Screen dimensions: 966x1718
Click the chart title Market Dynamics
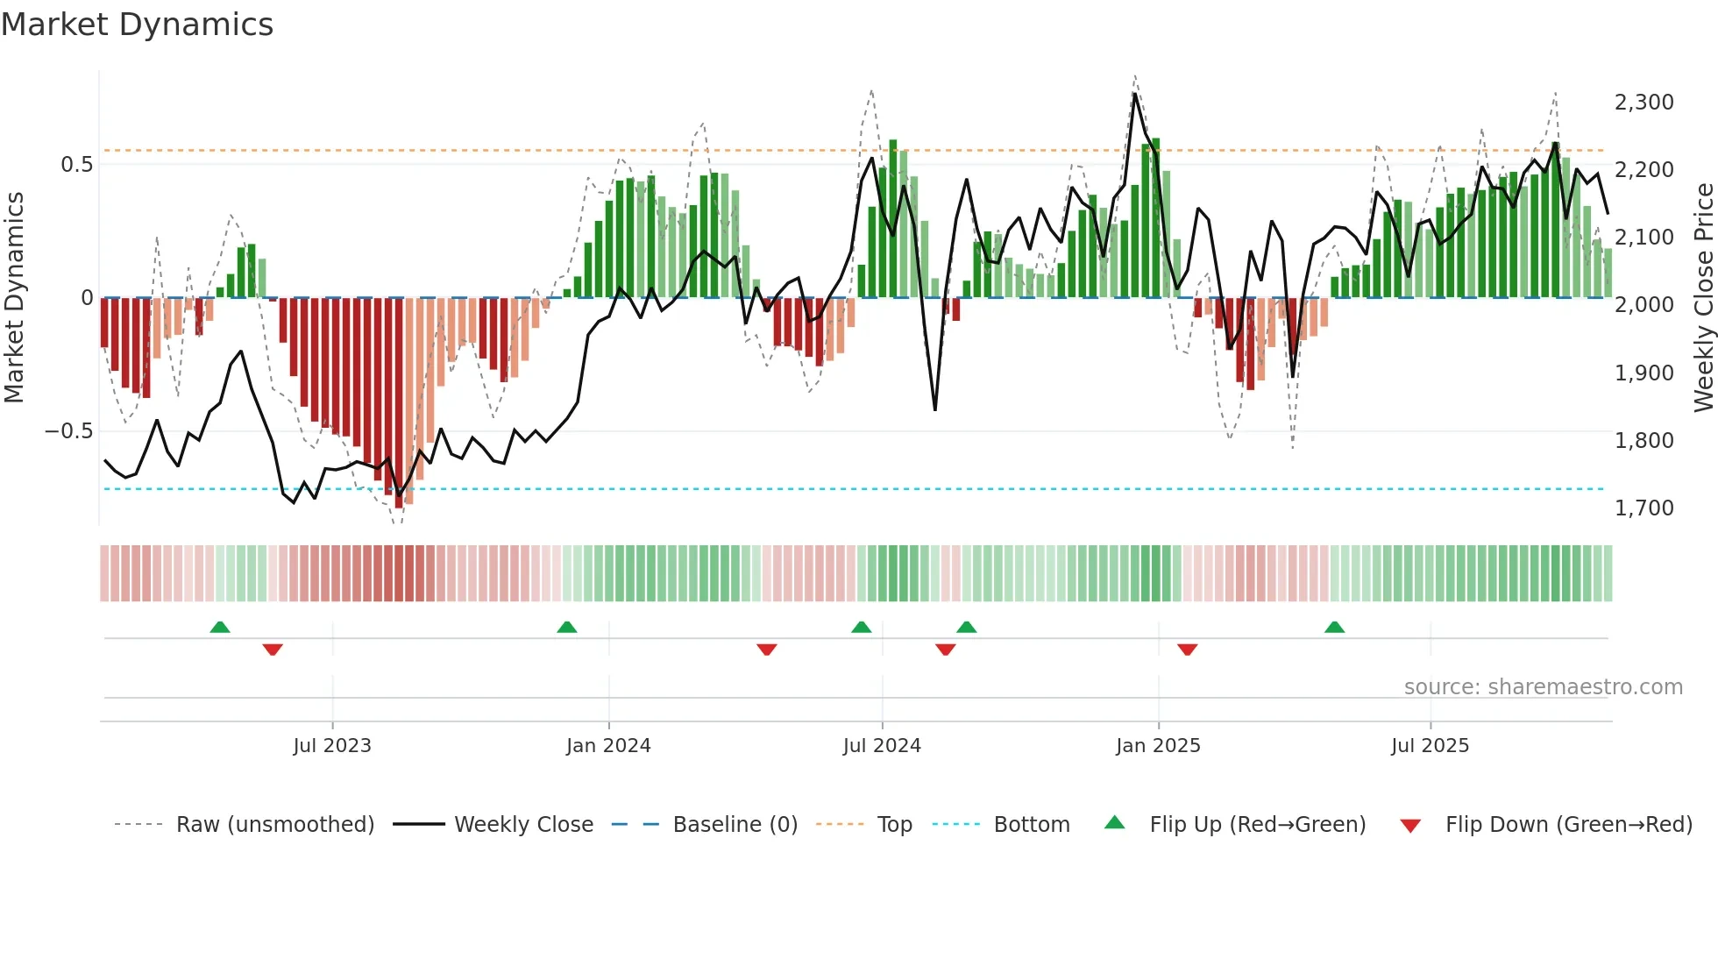pos(137,25)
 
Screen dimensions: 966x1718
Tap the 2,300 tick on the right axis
pos(1643,103)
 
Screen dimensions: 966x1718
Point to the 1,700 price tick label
pos(1643,508)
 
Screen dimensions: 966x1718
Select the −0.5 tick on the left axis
pos(68,431)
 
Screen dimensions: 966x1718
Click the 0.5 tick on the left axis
pos(76,165)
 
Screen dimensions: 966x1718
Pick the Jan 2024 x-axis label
pos(608,746)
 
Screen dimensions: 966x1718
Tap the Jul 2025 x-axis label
pos(1430,746)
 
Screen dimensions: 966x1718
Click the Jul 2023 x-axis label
pos(332,746)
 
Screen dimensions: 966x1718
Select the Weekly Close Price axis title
pos(1703,298)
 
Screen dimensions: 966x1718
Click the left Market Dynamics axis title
pos(14,298)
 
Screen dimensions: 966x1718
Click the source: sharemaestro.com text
pos(1543,687)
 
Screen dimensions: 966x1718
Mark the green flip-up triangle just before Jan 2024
pos(567,628)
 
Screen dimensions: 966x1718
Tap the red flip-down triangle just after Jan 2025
pos(1188,650)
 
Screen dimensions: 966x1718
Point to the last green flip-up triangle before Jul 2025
pos(1334,628)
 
